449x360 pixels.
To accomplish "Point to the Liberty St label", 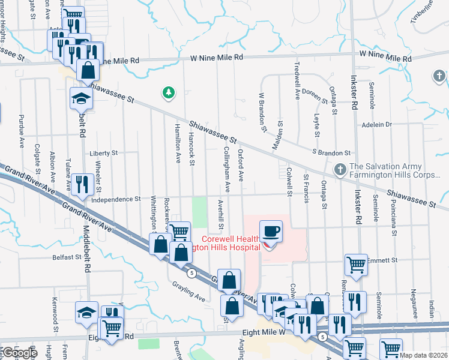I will [103, 154].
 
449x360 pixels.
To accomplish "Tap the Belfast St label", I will [66, 257].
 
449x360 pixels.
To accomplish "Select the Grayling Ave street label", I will [188, 292].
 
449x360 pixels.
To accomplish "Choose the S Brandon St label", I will [331, 153].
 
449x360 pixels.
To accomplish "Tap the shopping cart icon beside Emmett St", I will [356, 263].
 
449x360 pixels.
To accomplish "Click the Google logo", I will [19, 353].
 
